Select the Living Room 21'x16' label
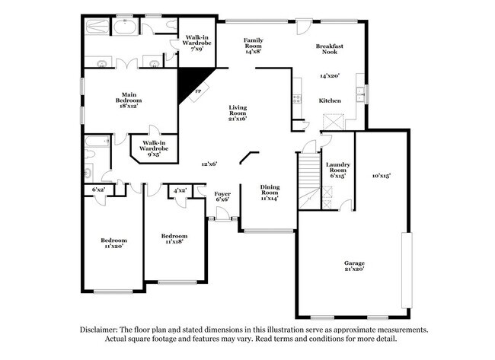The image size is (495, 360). [x=238, y=113]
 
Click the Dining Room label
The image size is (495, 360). [x=270, y=192]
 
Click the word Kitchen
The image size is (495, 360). [x=330, y=100]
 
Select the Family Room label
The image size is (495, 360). [x=253, y=45]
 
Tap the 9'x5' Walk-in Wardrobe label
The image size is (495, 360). [x=154, y=148]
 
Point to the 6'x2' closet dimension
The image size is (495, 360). [x=97, y=190]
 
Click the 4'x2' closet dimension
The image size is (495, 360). [x=180, y=190]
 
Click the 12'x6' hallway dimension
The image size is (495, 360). [x=209, y=164]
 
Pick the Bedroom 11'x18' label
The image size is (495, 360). [x=174, y=240]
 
